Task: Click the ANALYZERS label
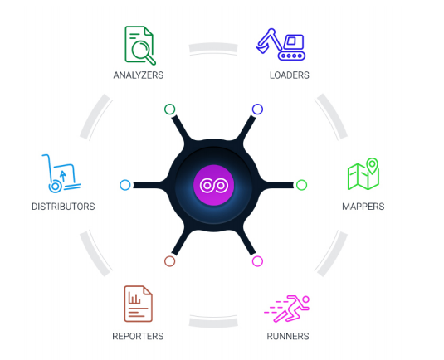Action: [139, 75]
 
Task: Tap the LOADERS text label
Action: [289, 75]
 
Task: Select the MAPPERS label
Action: [363, 207]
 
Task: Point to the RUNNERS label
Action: [288, 336]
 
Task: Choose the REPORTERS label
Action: [138, 336]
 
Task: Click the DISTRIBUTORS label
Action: [63, 207]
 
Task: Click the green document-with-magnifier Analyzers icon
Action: [140, 46]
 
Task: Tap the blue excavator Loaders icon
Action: [281, 45]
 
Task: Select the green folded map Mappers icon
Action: [363, 174]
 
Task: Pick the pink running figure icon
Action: [286, 309]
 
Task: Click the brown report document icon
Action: [139, 304]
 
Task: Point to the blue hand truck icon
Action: [61, 173]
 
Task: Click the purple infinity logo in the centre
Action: [214, 185]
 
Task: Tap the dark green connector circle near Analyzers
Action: [169, 109]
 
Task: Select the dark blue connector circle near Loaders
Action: [257, 109]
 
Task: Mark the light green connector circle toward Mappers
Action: [301, 185]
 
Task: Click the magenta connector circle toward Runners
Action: [257, 261]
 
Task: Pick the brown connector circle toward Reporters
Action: [169, 261]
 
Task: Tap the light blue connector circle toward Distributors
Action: [124, 185]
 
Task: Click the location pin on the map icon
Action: [372, 165]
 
